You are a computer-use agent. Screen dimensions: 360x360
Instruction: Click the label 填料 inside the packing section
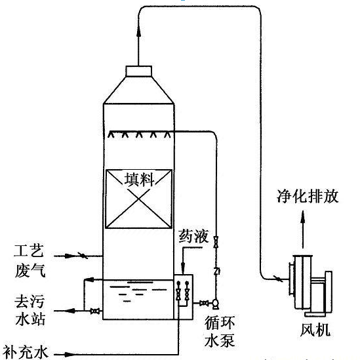[x=140, y=180]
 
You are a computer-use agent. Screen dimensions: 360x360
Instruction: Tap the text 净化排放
[x=308, y=196]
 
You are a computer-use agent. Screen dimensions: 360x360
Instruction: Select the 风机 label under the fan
[x=315, y=330]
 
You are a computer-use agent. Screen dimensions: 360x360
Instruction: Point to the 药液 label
[x=194, y=236]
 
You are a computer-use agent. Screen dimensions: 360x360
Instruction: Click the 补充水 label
[x=26, y=352]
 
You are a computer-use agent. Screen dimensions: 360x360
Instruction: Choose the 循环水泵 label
[x=220, y=332]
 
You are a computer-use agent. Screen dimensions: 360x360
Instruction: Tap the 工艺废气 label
[x=30, y=261]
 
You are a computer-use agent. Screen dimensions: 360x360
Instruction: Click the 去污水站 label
[x=30, y=310]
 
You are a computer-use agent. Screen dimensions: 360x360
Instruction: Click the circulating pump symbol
[x=215, y=304]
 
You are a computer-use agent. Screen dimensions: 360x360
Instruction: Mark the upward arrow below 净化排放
[x=303, y=230]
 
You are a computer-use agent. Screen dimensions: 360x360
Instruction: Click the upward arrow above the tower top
[x=138, y=46]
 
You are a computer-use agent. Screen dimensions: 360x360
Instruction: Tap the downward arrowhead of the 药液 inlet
[x=183, y=268]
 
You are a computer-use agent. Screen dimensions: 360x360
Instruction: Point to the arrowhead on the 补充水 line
[x=69, y=354]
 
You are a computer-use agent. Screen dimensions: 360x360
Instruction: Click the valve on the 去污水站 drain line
[x=95, y=311]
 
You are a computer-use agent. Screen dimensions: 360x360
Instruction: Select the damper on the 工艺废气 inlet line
[x=83, y=256]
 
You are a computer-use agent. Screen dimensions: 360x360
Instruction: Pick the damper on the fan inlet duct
[x=277, y=279]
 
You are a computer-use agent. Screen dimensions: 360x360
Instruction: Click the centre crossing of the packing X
[x=138, y=199]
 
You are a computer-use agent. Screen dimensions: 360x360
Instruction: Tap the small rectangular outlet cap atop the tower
[x=138, y=71]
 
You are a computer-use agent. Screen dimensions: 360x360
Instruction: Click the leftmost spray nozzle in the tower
[x=111, y=134]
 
